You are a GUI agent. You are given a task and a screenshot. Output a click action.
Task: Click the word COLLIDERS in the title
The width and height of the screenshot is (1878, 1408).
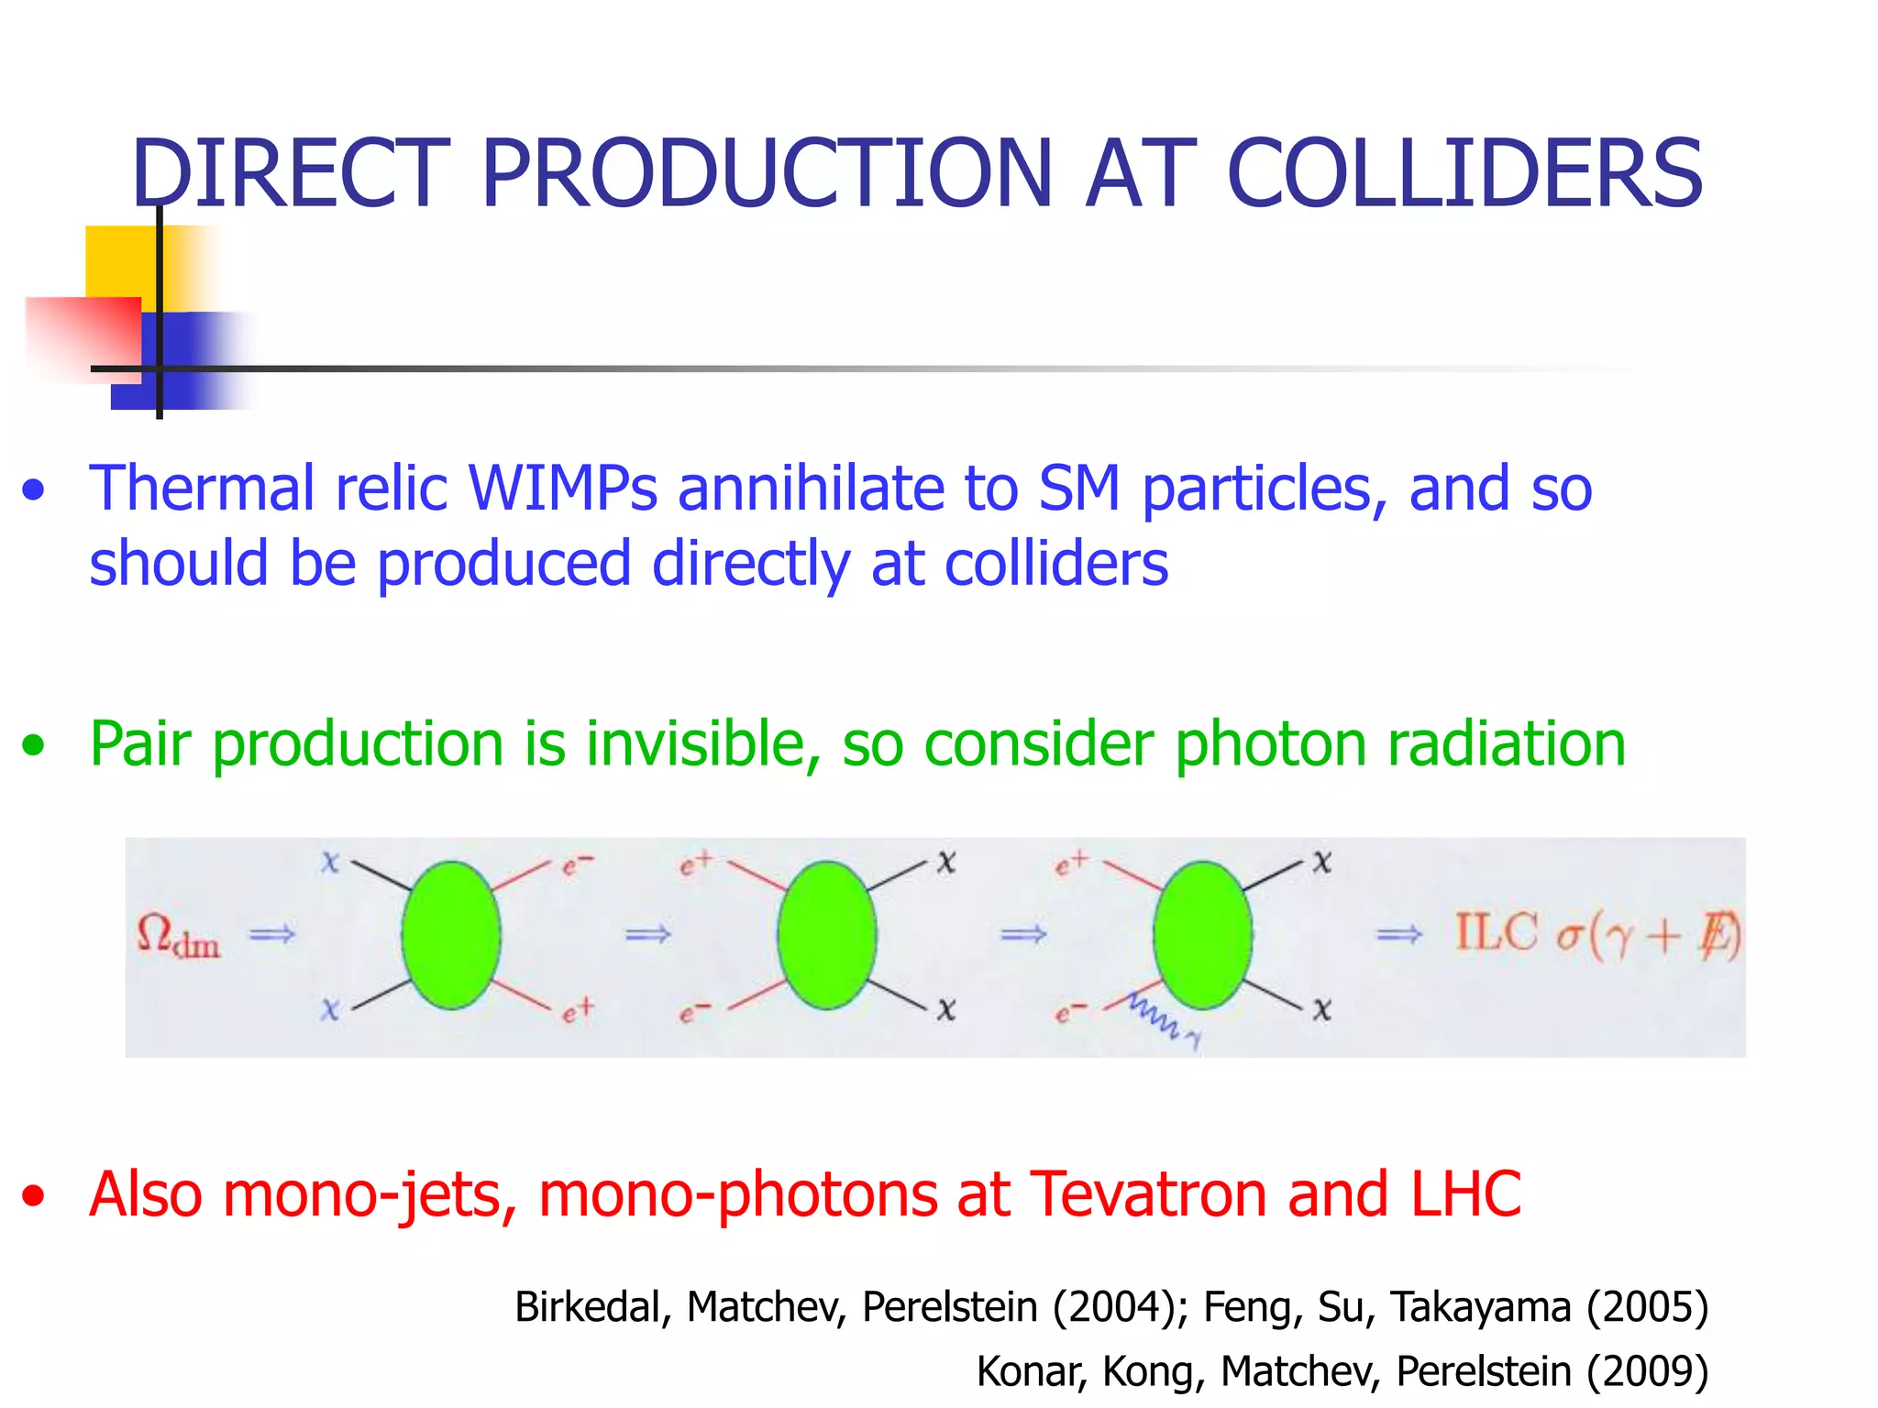pyautogui.click(x=1464, y=173)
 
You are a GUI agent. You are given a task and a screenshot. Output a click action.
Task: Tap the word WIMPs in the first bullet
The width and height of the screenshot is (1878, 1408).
pyautogui.click(x=562, y=489)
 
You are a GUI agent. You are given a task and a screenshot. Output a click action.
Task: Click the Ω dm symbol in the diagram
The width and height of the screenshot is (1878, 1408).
pyautogui.click(x=178, y=937)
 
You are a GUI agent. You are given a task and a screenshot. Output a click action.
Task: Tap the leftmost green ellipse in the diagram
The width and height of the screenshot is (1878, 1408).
pyautogui.click(x=451, y=935)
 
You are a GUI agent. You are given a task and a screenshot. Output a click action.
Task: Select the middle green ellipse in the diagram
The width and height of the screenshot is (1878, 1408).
pyautogui.click(x=827, y=935)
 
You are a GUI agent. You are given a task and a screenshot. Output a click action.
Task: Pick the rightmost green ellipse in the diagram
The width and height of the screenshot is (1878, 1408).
pyautogui.click(x=1203, y=935)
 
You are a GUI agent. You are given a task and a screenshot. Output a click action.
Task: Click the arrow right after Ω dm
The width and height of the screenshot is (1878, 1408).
pyautogui.click(x=272, y=935)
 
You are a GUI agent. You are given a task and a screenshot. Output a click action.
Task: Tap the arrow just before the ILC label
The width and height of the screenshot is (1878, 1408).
pyautogui.click(x=1399, y=935)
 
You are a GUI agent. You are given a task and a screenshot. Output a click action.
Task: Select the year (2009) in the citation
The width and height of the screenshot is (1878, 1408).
pyautogui.click(x=1648, y=1372)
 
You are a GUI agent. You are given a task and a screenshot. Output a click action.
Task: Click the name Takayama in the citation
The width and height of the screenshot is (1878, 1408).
pyautogui.click(x=1481, y=1307)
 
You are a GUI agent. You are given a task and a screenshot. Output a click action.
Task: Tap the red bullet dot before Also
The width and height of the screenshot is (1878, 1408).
pyautogui.click(x=34, y=1197)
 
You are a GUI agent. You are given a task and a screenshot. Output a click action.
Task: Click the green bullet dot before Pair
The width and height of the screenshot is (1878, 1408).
pyautogui.click(x=34, y=746)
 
